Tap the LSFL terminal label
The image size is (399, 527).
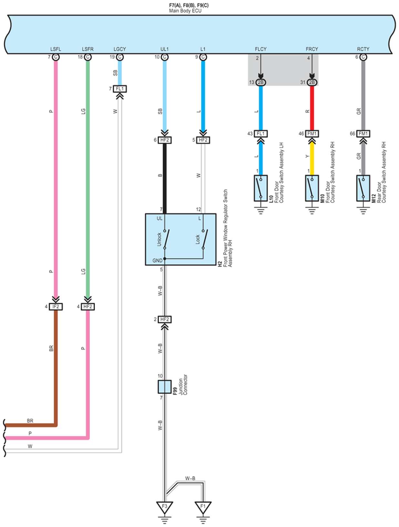pyautogui.click(x=56, y=49)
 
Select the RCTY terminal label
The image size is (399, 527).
pyautogui.click(x=363, y=49)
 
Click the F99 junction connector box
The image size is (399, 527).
pyautogui.click(x=165, y=387)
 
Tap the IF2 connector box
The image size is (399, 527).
pyautogui.click(x=56, y=307)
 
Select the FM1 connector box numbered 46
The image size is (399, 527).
pyautogui.click(x=312, y=134)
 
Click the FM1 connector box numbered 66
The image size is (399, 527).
pyautogui.click(x=363, y=134)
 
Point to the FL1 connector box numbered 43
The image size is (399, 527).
pyautogui.click(x=261, y=134)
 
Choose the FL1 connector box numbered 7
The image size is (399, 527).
pyautogui.click(x=120, y=89)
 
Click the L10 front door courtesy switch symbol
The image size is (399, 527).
pyautogui.click(x=261, y=188)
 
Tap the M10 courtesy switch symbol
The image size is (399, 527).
pyautogui.click(x=312, y=188)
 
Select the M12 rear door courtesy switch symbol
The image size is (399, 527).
pyautogui.click(x=363, y=188)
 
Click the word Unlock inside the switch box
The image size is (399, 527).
pyautogui.click(x=159, y=239)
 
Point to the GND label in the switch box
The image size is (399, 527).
pyautogui.click(x=158, y=260)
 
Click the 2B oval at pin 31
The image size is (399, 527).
pyautogui.click(x=312, y=82)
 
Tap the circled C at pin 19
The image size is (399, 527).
pyautogui.click(x=120, y=57)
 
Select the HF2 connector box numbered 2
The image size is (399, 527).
pyautogui.click(x=165, y=320)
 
